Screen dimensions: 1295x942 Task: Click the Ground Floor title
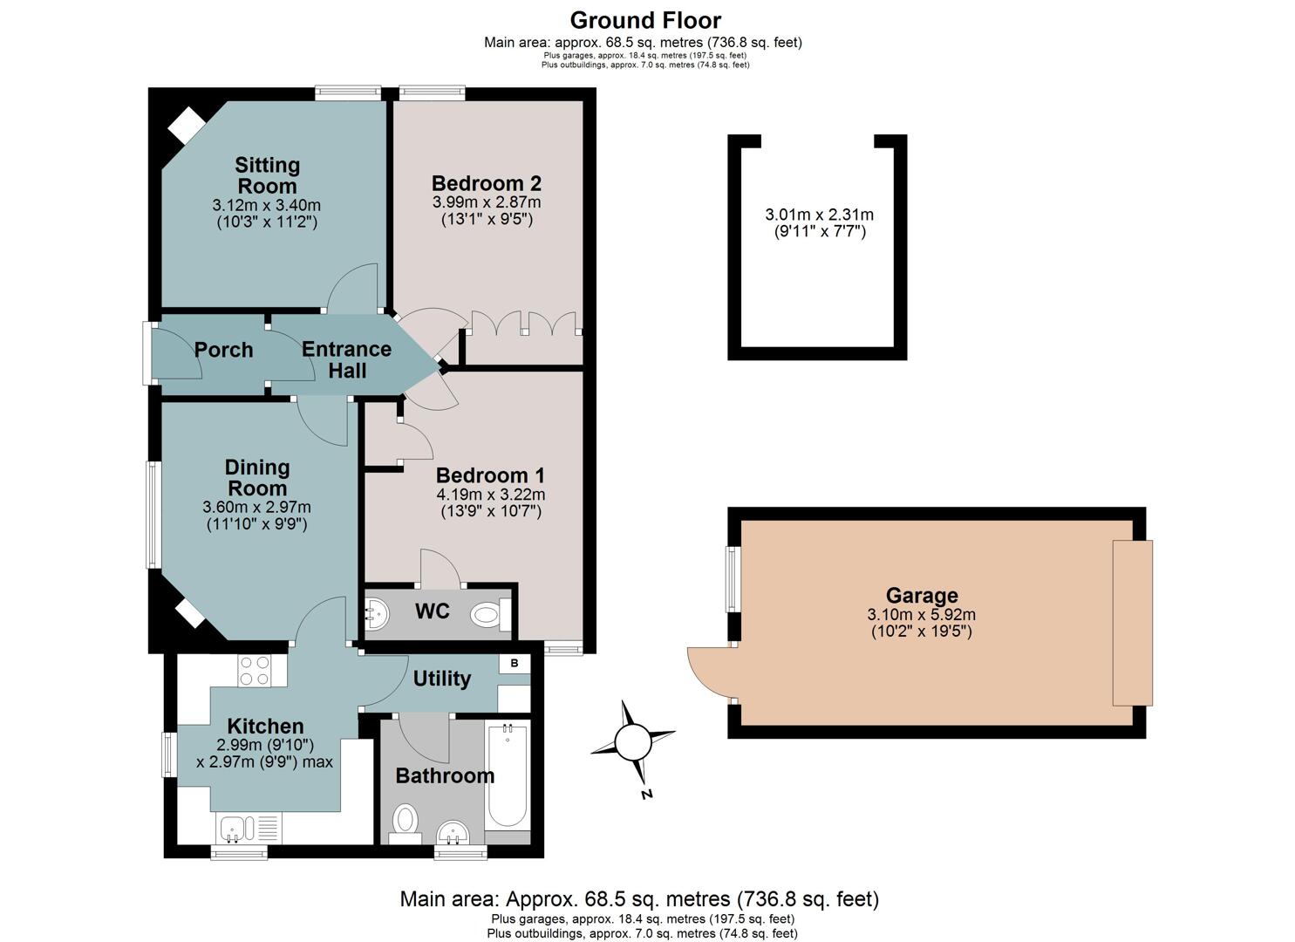pos(645,21)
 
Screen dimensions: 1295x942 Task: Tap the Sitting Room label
pos(267,175)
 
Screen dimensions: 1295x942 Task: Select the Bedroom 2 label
pos(487,183)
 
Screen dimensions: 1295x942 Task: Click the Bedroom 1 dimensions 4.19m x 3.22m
pos(490,495)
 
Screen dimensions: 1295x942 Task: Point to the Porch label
pos(224,350)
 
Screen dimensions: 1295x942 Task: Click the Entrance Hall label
pos(347,359)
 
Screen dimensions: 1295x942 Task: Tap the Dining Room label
pos(257,478)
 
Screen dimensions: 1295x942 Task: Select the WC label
pos(432,611)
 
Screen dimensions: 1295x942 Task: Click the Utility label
pos(441,679)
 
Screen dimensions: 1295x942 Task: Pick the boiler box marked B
pos(515,663)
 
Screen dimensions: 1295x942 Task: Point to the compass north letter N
pos(647,794)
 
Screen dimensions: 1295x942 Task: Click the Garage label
pos(922,595)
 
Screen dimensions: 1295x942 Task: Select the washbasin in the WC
pos(377,614)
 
